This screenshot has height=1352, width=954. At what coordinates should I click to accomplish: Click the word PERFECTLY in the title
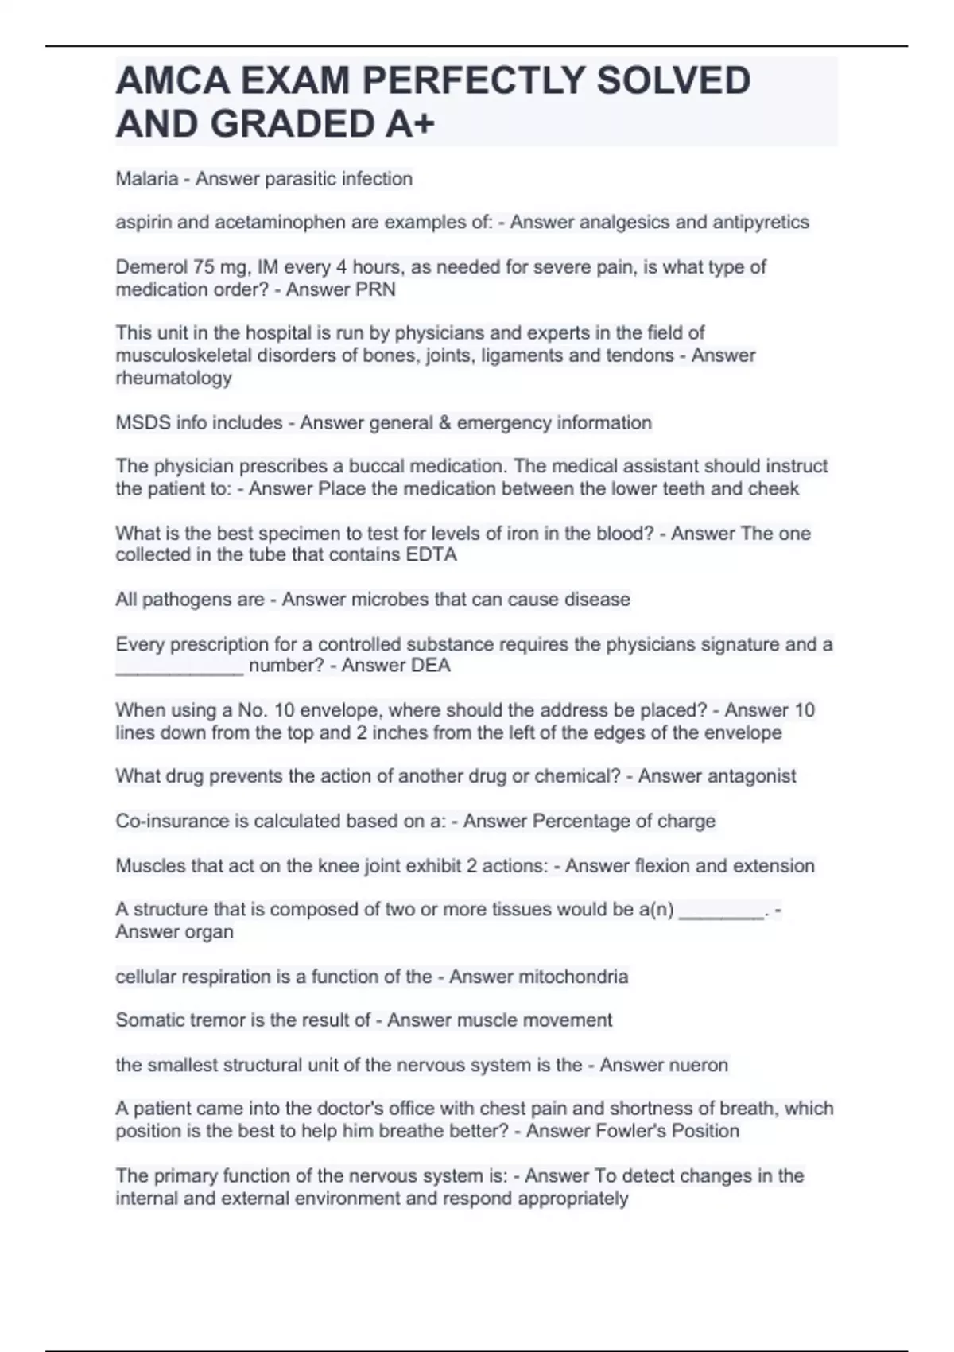(x=472, y=81)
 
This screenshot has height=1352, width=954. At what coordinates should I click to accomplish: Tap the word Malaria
(x=147, y=179)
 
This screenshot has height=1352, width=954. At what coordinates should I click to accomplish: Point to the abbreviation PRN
(x=376, y=289)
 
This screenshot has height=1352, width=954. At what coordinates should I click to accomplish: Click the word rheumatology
(x=173, y=379)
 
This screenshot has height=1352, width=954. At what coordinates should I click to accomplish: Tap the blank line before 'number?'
(x=180, y=668)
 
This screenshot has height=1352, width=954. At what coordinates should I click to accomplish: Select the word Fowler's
(x=584, y=1131)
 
